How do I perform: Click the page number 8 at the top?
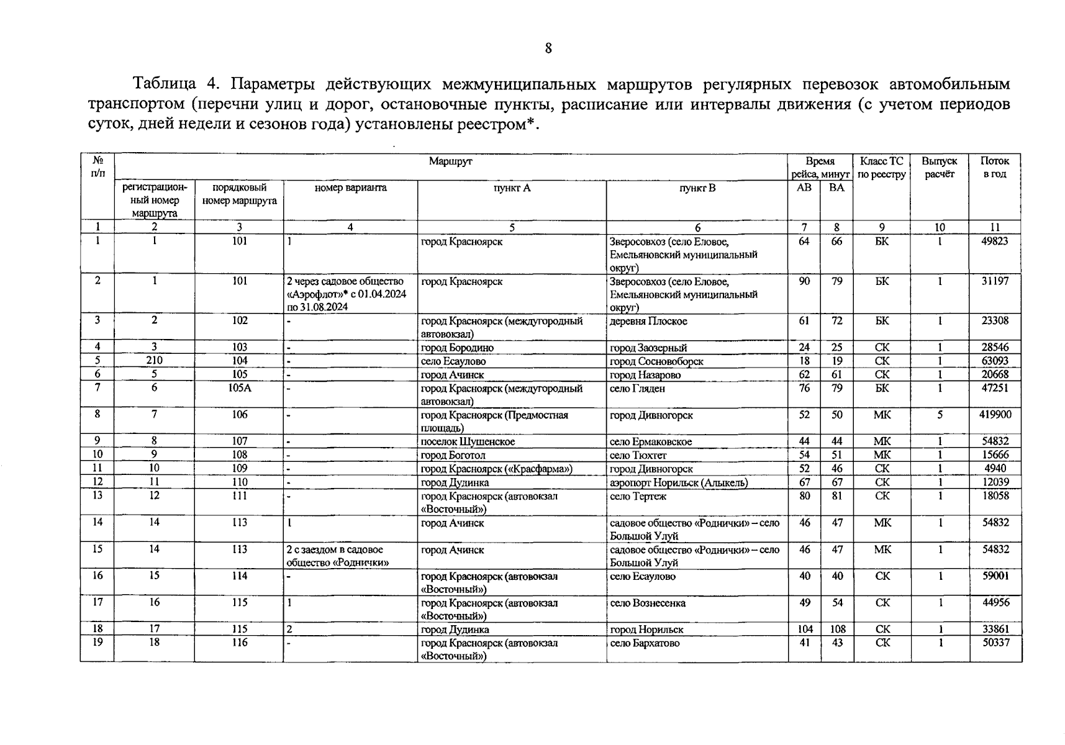click(548, 48)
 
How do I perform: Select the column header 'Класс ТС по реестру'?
click(882, 168)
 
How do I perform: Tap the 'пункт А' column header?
click(512, 187)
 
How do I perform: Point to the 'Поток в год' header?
click(995, 168)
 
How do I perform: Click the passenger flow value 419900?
click(995, 415)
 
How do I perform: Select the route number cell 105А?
click(240, 388)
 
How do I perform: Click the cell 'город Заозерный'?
click(648, 348)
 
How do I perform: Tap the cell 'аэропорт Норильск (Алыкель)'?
click(679, 482)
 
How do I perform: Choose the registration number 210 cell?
click(154, 361)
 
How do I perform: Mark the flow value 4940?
click(995, 469)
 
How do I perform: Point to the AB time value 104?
click(805, 629)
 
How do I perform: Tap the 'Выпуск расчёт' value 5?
click(940, 415)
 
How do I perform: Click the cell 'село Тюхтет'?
click(638, 455)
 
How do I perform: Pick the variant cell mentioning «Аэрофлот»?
click(346, 294)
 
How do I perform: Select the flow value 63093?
click(995, 361)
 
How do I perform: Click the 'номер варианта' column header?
click(350, 187)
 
